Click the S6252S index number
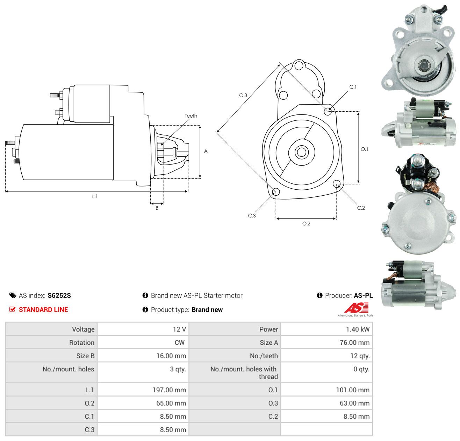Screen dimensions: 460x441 (x=59, y=295)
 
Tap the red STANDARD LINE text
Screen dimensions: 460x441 (x=43, y=310)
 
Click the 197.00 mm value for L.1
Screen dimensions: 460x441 (x=169, y=390)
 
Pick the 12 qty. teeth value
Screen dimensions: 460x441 (x=360, y=356)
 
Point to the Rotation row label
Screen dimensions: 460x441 (x=81, y=343)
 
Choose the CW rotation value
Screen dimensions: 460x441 (x=180, y=343)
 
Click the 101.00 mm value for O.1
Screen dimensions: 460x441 (x=353, y=390)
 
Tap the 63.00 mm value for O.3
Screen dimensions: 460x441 (x=354, y=403)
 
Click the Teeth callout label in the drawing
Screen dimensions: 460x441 (x=191, y=116)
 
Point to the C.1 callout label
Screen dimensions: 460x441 (x=353, y=87)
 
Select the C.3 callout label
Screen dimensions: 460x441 (x=252, y=216)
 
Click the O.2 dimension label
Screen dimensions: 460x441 (x=306, y=223)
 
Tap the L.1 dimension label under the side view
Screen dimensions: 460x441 (x=95, y=196)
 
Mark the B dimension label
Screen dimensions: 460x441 (x=157, y=208)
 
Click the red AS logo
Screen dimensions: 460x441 (x=356, y=308)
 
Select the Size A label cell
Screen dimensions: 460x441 (x=269, y=343)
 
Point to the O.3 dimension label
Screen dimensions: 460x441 (x=243, y=95)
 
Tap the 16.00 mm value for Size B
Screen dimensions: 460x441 (x=171, y=356)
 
